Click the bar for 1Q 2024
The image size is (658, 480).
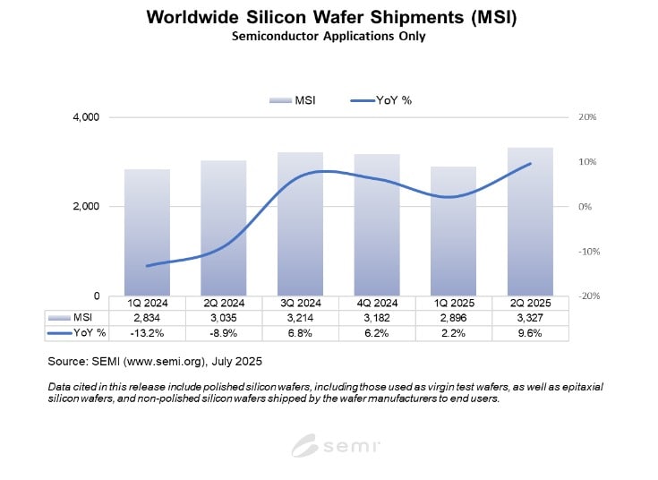point(147,232)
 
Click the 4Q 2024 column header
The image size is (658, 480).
point(377,303)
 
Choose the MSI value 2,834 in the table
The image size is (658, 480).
point(147,317)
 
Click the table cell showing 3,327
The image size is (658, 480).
point(530,317)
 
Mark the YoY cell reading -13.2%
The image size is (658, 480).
point(147,332)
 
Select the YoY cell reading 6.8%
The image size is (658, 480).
point(300,332)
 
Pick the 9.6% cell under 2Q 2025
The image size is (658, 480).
point(530,332)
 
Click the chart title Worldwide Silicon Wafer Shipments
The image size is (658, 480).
point(329,18)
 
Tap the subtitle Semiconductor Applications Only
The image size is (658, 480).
point(329,37)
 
